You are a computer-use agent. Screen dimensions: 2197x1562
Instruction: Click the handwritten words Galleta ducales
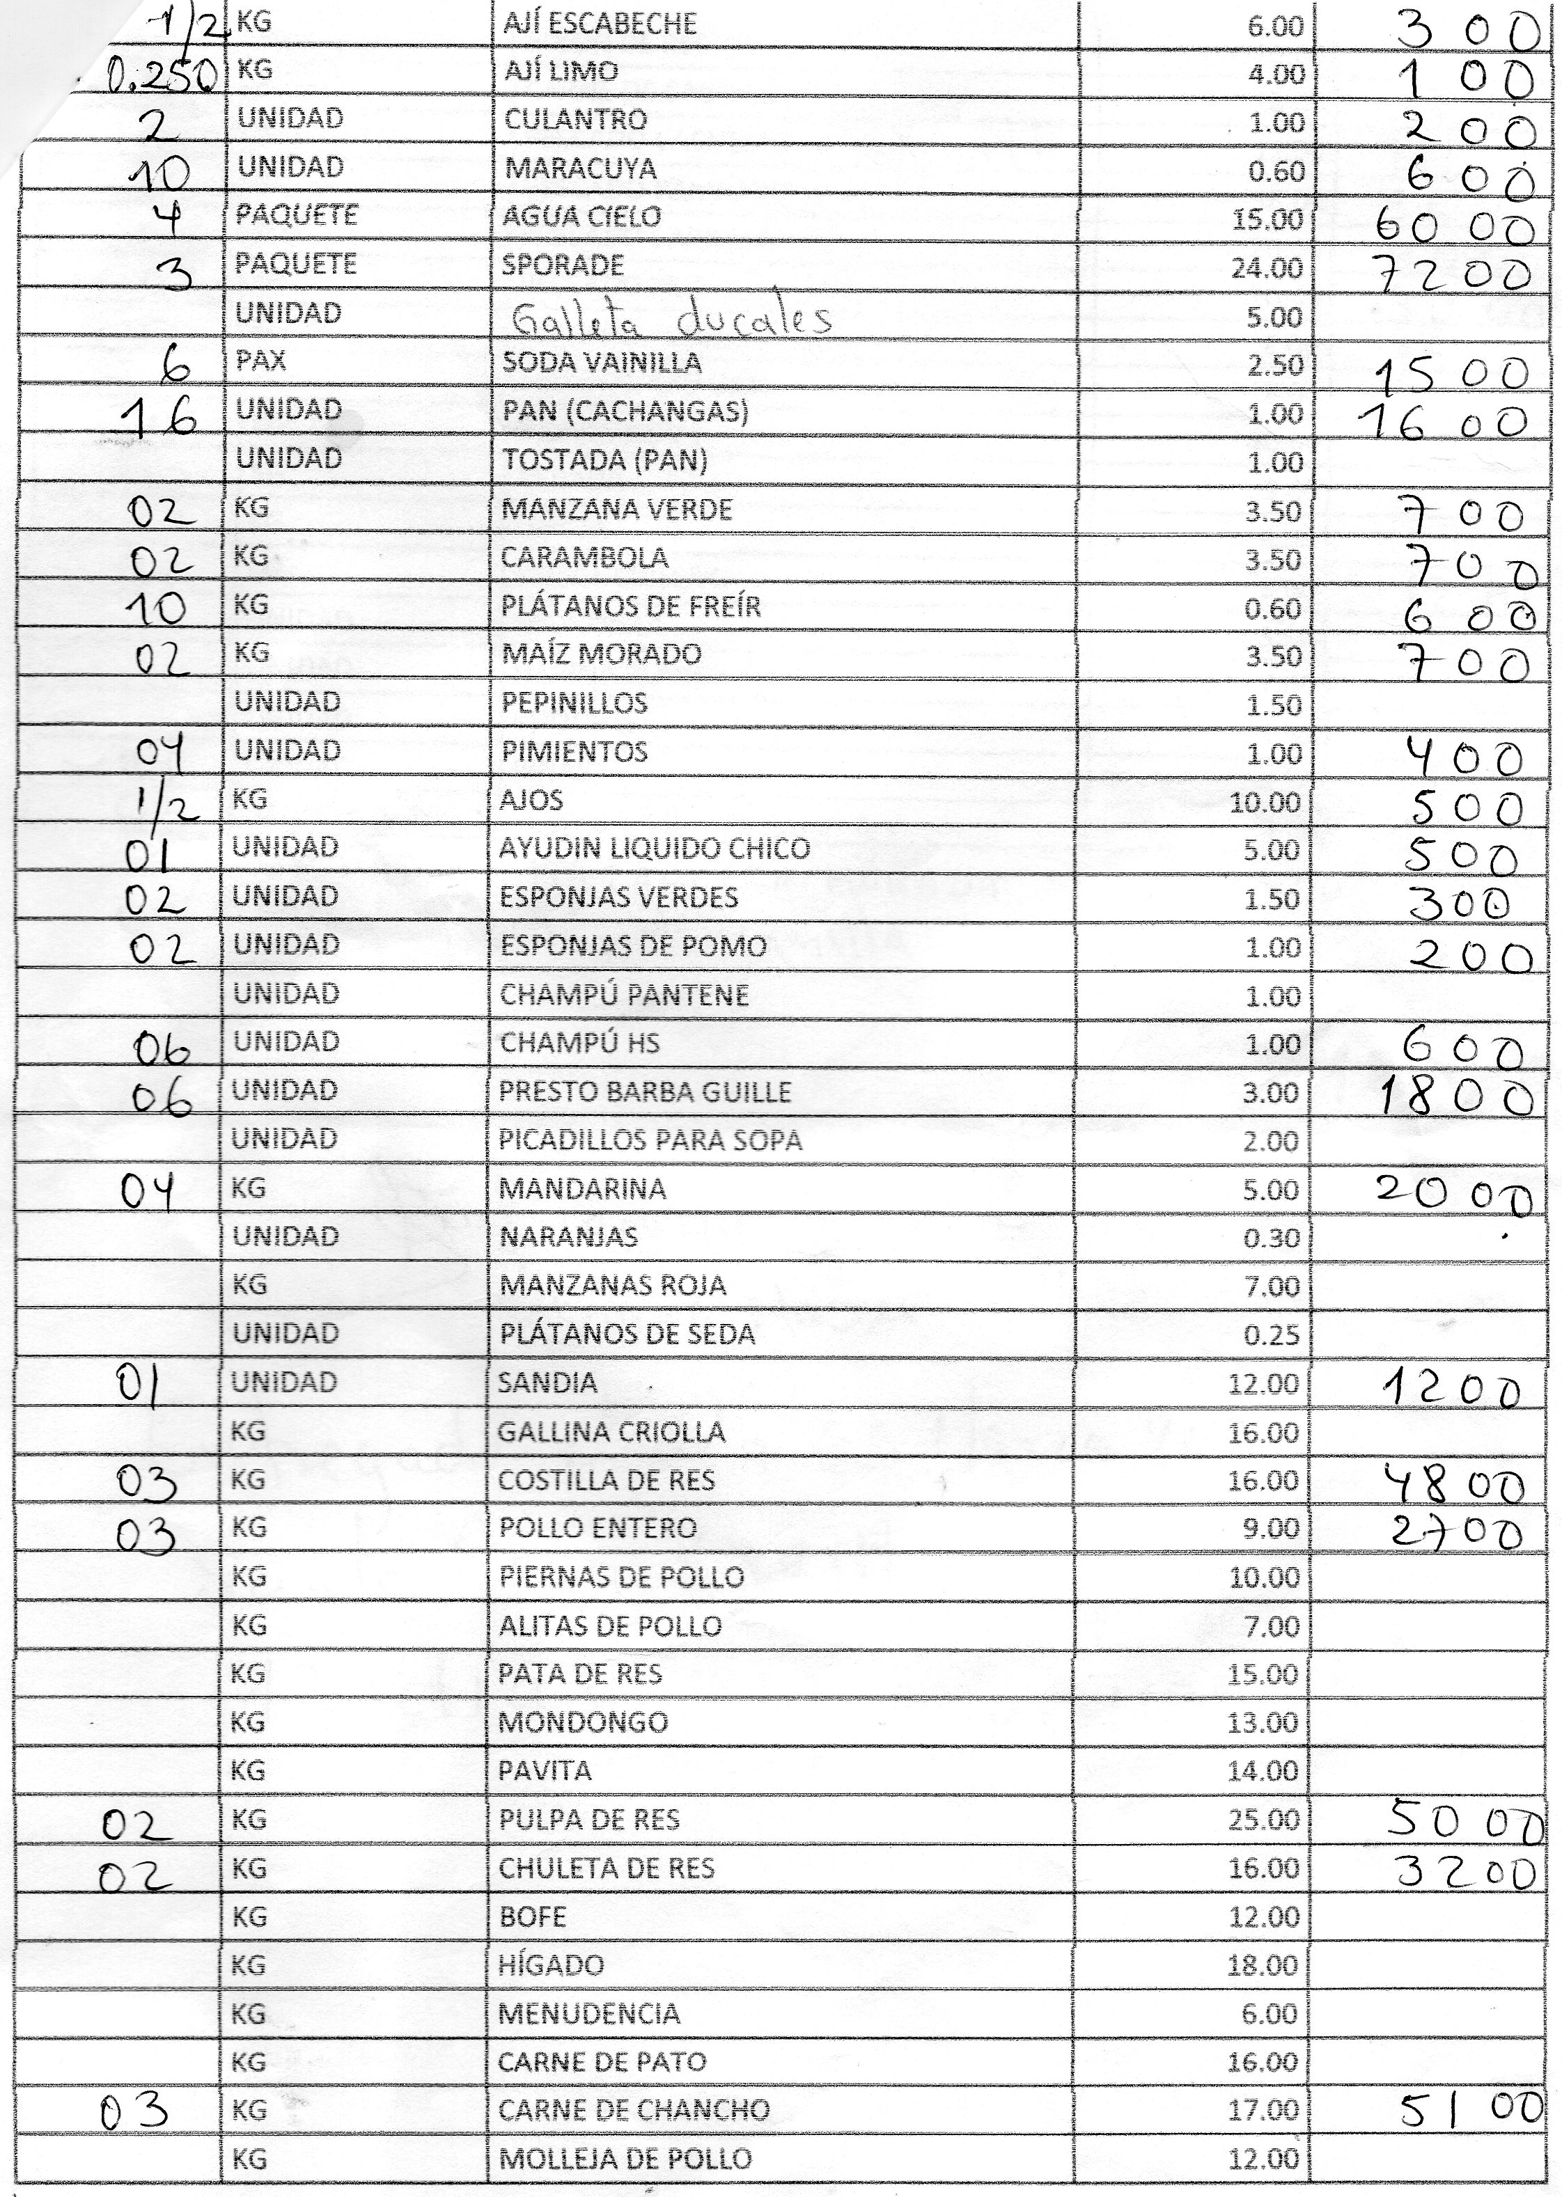tap(671, 317)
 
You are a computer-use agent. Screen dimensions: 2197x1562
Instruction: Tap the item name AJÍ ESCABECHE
tap(599, 23)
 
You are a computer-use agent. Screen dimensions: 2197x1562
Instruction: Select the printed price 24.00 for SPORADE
tap(1267, 267)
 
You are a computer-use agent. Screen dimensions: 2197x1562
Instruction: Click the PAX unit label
tap(255, 363)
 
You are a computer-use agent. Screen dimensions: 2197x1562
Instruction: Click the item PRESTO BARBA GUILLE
tap(644, 1092)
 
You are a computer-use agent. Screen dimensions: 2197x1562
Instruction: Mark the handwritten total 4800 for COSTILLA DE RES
tap(1453, 1486)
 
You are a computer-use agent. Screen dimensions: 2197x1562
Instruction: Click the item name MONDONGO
tap(582, 1722)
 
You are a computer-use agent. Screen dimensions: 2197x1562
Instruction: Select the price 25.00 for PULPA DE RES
tap(1264, 1820)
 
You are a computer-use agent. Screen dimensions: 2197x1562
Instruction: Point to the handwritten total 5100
tap(1471, 2109)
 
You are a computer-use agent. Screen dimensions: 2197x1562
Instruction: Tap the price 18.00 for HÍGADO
tap(1264, 1965)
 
